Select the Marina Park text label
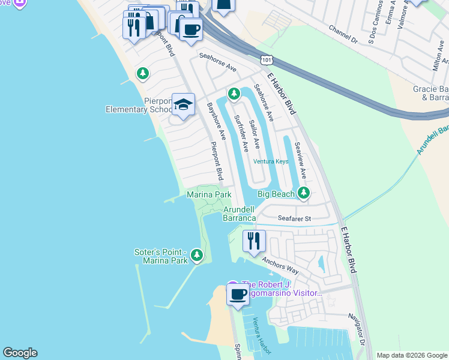209,194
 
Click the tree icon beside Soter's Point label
196,257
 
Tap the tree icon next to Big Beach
304,193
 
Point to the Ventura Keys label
270,161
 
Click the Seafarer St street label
294,218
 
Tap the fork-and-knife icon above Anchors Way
254,241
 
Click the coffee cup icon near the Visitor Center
238,295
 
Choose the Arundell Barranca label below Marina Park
240,214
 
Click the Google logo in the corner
20,353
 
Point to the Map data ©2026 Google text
411,355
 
